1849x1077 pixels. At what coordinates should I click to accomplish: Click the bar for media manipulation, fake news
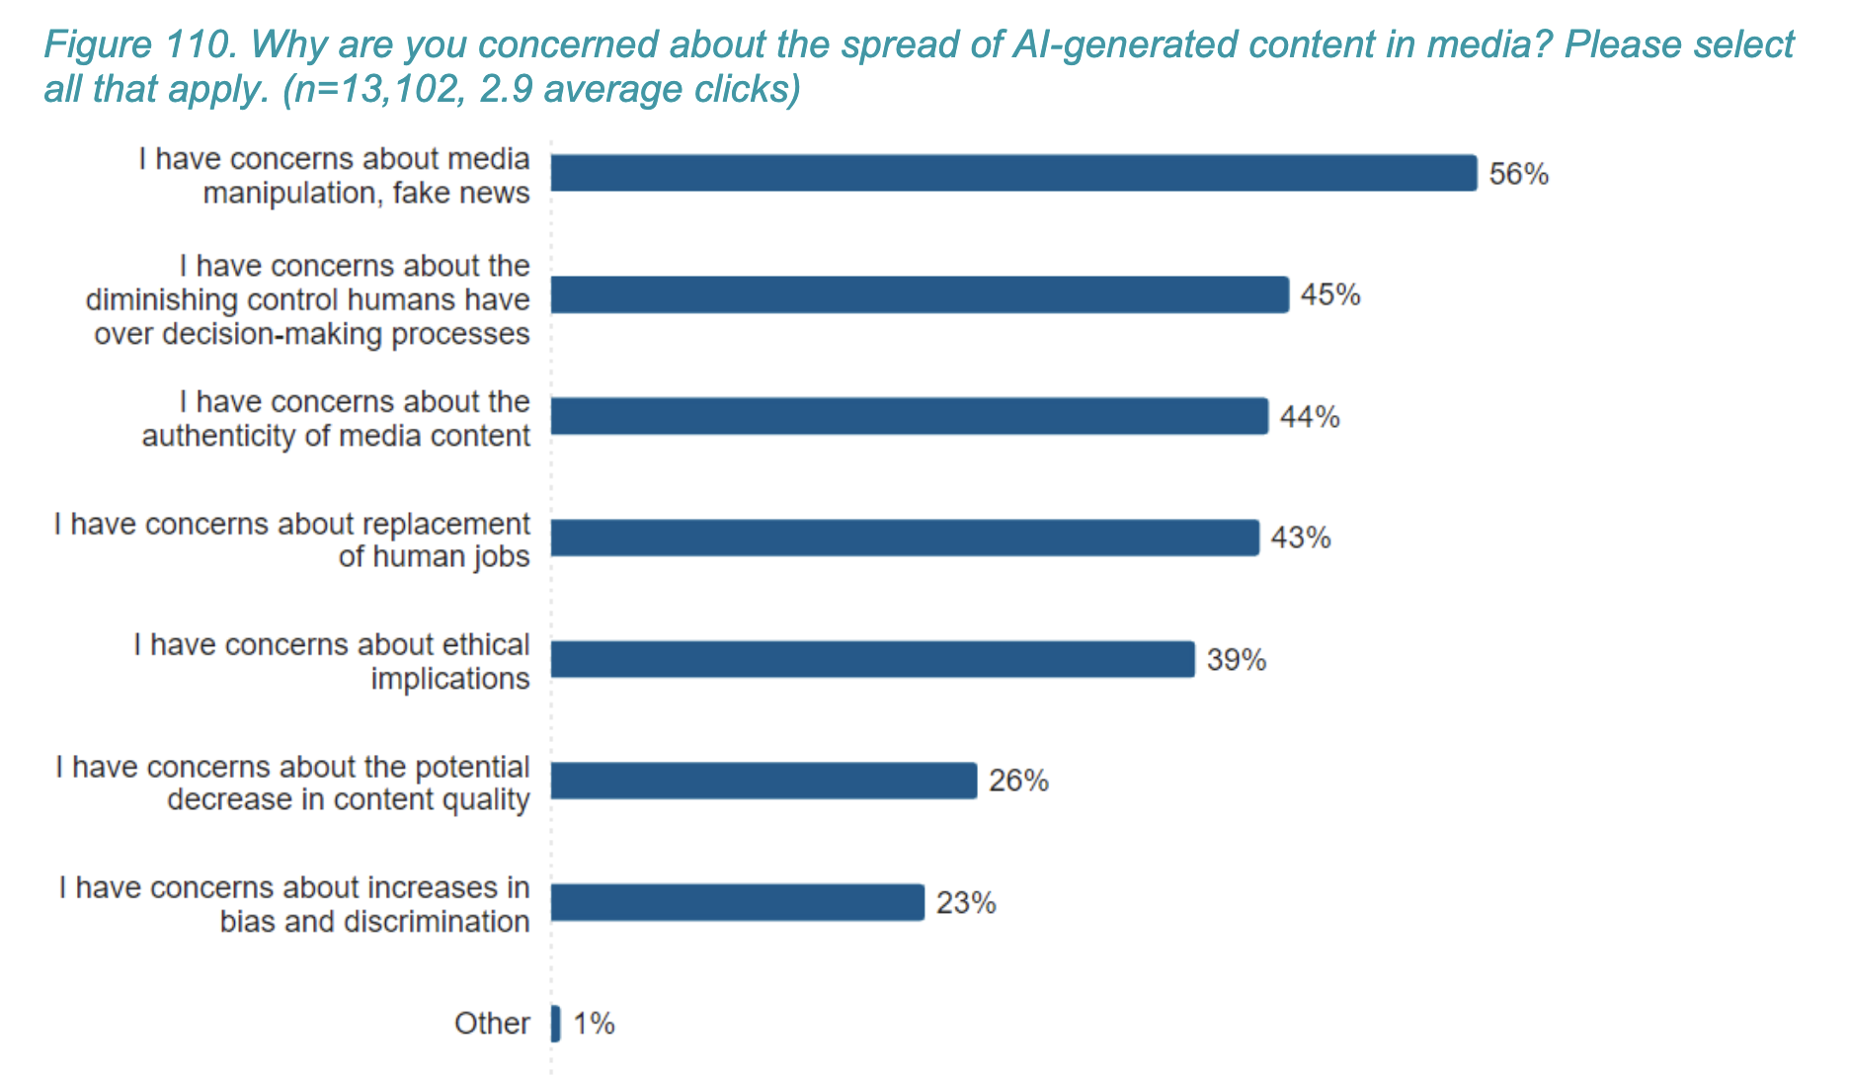pyautogui.click(x=1013, y=173)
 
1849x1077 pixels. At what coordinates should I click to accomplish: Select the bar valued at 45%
pyautogui.click(x=919, y=294)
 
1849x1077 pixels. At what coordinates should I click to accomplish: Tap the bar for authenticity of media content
pyautogui.click(x=909, y=416)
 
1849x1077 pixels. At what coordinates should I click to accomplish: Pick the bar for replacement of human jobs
pyautogui.click(x=905, y=538)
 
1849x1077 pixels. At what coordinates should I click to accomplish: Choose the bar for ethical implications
pyautogui.click(x=872, y=659)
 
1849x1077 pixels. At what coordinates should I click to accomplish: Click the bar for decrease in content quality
pyautogui.click(x=764, y=781)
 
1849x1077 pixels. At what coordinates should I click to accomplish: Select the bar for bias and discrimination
pyautogui.click(x=737, y=902)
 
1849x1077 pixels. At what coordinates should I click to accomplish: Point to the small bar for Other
pyautogui.click(x=556, y=1024)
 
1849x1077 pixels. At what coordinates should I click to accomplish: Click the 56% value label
pyautogui.click(x=1518, y=174)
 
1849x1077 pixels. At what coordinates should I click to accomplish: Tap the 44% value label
pyautogui.click(x=1310, y=417)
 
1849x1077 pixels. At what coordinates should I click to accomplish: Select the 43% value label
pyautogui.click(x=1301, y=538)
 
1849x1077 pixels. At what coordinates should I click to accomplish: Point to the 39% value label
pyautogui.click(x=1237, y=660)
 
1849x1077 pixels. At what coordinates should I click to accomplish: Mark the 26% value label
pyautogui.click(x=1018, y=782)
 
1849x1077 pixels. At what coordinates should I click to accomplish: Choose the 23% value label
pyautogui.click(x=966, y=903)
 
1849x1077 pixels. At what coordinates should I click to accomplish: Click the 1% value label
pyautogui.click(x=594, y=1024)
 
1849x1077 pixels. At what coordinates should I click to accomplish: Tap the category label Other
pyautogui.click(x=492, y=1024)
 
